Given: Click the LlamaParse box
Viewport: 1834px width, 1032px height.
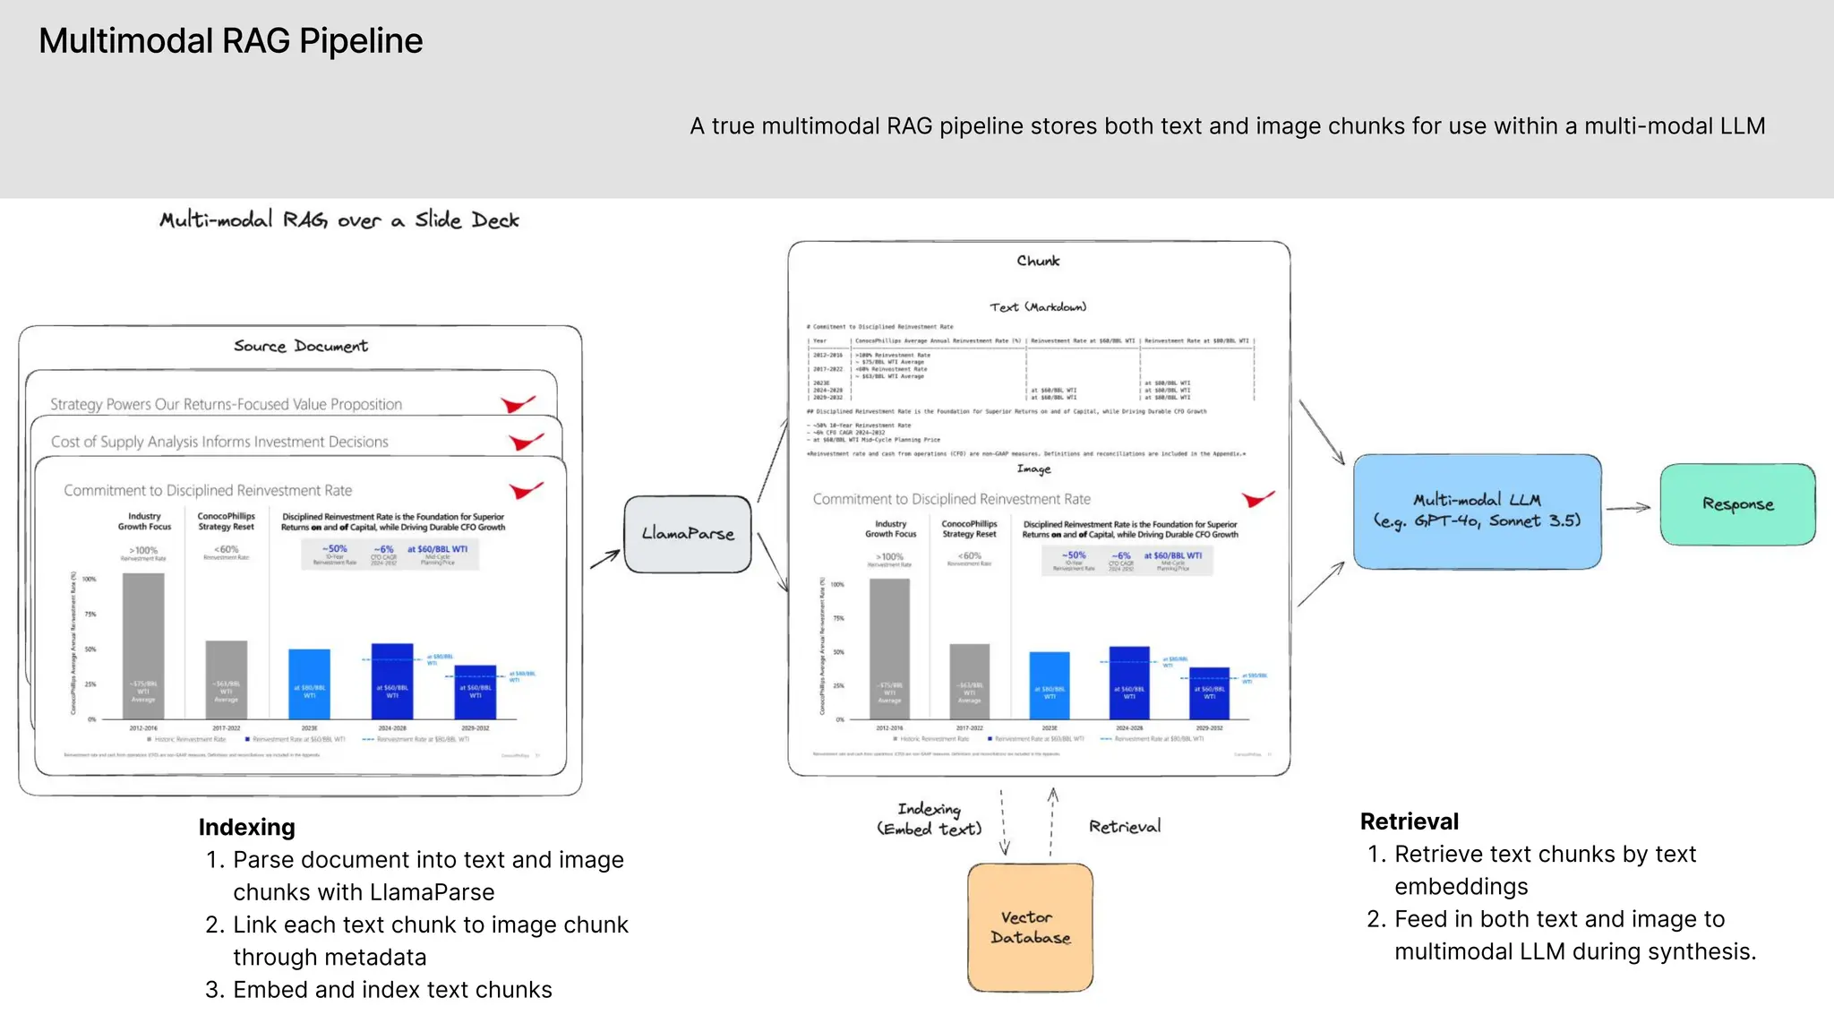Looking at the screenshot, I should [687, 534].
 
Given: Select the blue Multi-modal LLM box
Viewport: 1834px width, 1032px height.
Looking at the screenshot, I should [1477, 512].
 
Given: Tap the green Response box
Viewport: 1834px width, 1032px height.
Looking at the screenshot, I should [1737, 504].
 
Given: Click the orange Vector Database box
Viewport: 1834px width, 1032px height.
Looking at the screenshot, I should [1030, 928].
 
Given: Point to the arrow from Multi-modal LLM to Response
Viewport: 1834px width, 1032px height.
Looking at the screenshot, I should [1628, 508].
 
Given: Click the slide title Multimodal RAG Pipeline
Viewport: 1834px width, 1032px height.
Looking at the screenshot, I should [230, 41].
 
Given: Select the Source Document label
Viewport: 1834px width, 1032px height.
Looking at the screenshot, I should [301, 347].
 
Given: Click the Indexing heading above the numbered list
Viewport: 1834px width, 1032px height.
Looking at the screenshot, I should [246, 827].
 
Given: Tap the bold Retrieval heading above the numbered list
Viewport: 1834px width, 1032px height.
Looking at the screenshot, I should [1409, 821].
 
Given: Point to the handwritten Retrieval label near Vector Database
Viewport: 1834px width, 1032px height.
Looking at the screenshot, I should [1124, 827].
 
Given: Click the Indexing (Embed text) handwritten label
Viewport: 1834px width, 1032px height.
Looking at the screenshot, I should [930, 820].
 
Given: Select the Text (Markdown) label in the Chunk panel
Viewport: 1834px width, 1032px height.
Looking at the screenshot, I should [1038, 307].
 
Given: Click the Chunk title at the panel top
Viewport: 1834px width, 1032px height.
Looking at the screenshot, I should [1038, 261].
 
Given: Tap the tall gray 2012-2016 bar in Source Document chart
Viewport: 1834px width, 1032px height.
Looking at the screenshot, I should [143, 645].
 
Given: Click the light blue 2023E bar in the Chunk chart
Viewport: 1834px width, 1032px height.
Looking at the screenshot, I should [1050, 685].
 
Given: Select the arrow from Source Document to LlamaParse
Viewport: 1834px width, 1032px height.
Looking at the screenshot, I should [605, 559].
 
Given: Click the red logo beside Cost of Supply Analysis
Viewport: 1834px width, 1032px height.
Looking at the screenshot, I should [526, 442].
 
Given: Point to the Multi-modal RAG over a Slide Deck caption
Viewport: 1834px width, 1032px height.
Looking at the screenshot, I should [339, 220].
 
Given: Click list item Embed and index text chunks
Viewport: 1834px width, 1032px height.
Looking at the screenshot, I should [392, 990].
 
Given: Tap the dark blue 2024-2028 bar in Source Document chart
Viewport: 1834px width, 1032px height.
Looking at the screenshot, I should [392, 681].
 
